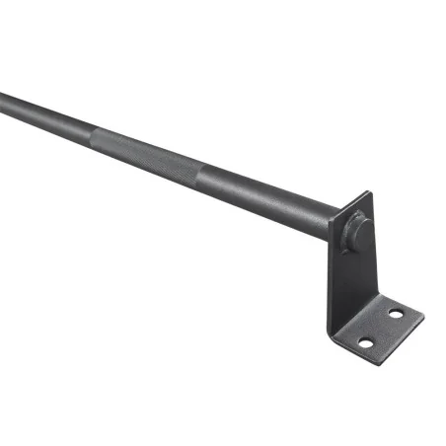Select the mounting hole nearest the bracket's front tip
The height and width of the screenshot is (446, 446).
coord(364,342)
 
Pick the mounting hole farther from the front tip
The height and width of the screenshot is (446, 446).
coord(396,314)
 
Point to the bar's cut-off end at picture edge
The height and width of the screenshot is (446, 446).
coord(3,100)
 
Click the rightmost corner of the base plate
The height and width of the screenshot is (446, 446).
coord(422,317)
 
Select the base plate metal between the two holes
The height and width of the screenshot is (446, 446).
coord(380,328)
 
